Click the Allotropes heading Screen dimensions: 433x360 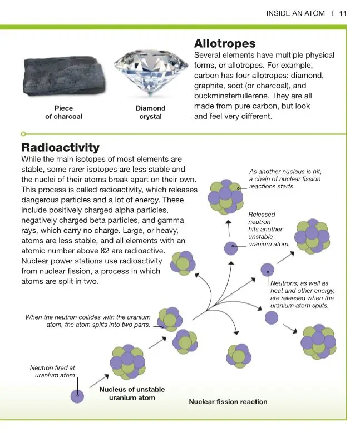pos(225,43)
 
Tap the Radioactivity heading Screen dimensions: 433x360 pos(60,147)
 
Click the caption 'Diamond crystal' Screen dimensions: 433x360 pos(150,112)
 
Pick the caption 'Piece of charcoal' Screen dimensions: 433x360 pos(63,112)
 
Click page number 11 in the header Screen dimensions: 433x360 pos(343,13)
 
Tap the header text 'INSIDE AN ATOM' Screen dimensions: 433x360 pos(295,13)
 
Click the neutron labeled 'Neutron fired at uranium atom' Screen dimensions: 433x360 pos(77,396)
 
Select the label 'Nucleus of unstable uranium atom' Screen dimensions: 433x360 pos(132,394)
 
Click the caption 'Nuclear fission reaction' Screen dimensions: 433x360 pos(228,401)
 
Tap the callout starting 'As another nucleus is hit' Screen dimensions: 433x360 pos(285,179)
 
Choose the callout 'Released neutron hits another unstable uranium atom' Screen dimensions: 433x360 pos(269,229)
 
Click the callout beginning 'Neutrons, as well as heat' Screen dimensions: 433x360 pos(302,295)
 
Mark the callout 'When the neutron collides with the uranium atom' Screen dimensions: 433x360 pos(88,321)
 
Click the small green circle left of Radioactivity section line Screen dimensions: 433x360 pos(23,134)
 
